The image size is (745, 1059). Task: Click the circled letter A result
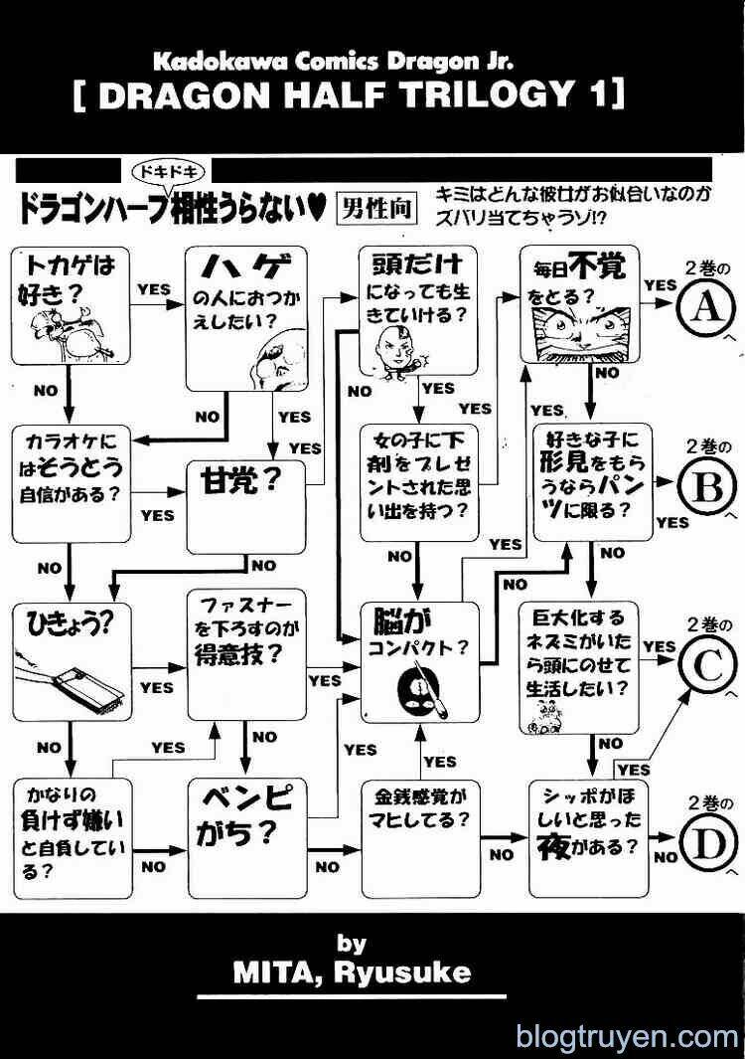706,308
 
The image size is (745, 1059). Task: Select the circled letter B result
706,487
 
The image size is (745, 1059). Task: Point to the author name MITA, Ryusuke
352,971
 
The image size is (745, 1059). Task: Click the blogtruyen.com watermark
628,1038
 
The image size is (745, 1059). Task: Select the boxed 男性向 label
376,209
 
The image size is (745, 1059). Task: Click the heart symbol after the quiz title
316,210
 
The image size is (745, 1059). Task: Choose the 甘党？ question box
245,507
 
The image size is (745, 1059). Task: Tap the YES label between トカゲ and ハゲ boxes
154,288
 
